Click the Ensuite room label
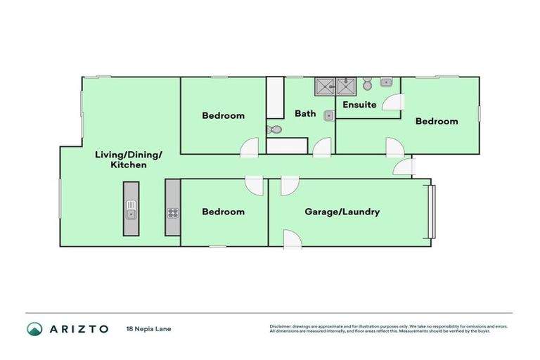tap(359, 105)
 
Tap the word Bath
tap(305, 113)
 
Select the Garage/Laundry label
tap(342, 211)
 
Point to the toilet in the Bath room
tap(275, 129)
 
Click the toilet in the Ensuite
tap(367, 85)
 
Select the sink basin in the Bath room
tap(328, 115)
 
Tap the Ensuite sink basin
tap(385, 82)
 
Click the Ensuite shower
tap(347, 86)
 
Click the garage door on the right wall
tap(433, 211)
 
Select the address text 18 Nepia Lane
tap(148, 328)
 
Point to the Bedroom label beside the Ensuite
tap(436, 121)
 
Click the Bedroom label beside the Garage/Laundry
tap(223, 211)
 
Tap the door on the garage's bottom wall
tap(292, 239)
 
